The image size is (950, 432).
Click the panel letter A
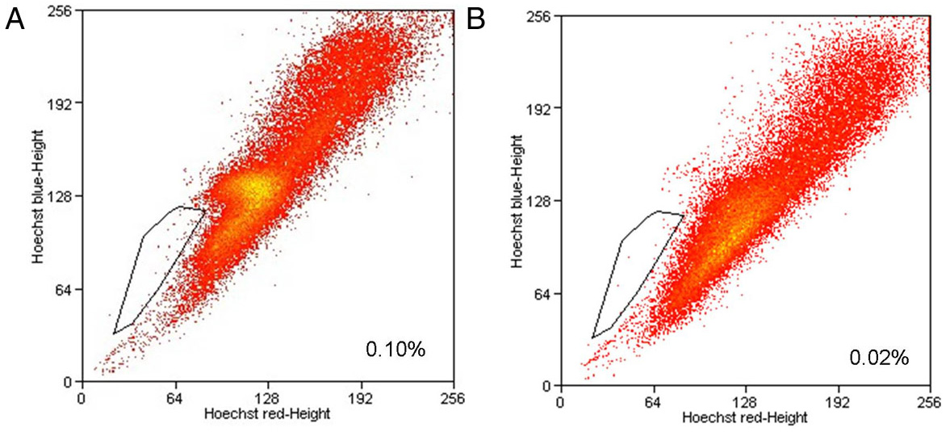point(15,19)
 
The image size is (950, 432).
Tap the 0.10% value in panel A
point(395,350)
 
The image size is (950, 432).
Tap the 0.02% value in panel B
point(879,357)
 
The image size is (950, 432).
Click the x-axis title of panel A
point(266,413)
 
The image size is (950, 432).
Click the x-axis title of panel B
point(744,417)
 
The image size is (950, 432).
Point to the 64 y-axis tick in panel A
point(63,289)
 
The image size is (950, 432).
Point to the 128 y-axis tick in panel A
point(60,196)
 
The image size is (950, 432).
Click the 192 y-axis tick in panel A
point(60,103)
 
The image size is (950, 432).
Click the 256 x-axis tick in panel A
point(453,398)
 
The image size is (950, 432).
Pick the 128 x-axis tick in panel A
point(267,398)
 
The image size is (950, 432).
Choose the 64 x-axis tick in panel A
point(174,398)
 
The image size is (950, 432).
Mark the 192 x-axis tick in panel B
point(839,401)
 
